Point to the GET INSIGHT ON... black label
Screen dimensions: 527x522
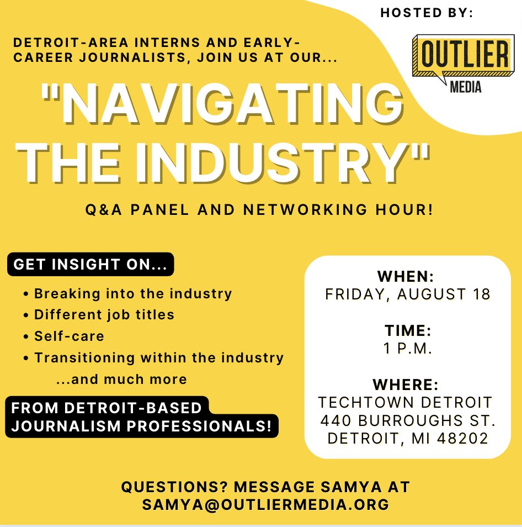(x=90, y=265)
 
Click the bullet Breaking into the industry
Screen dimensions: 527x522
(x=133, y=293)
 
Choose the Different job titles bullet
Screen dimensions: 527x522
(x=104, y=315)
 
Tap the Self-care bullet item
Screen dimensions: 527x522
(x=69, y=336)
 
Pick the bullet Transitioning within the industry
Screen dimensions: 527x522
(x=159, y=357)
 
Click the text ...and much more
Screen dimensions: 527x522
(x=121, y=380)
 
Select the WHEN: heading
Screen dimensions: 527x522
(x=406, y=276)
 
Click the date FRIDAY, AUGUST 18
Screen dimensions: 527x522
(x=408, y=294)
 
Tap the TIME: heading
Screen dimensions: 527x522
(x=408, y=330)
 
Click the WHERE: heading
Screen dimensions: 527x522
(x=407, y=384)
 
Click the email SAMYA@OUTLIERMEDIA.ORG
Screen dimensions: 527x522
(x=265, y=504)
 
